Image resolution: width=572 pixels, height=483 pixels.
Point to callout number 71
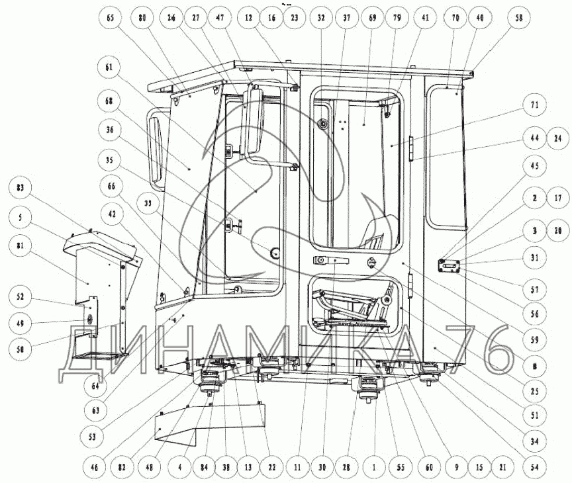pyautogui.click(x=534, y=105)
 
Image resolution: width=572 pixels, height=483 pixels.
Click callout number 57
pyautogui.click(x=534, y=290)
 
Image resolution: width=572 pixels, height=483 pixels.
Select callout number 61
pyautogui.click(x=109, y=67)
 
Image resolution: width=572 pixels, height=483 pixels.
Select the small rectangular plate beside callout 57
pyautogui.click(x=450, y=266)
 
